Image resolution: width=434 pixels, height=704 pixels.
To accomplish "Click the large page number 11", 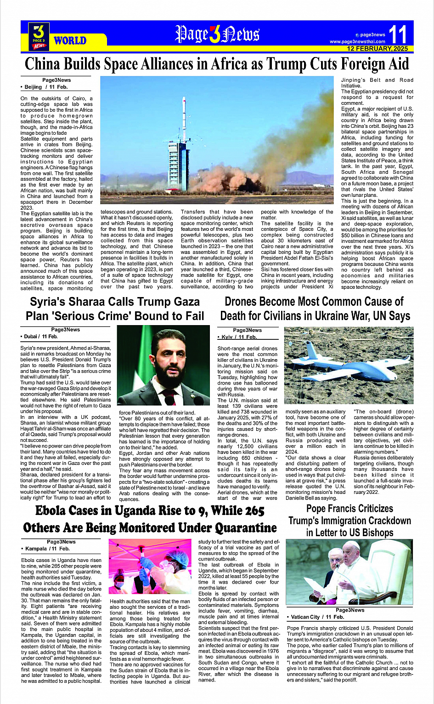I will tap(397, 34).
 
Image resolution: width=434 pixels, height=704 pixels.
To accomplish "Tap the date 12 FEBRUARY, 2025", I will tap(377, 48).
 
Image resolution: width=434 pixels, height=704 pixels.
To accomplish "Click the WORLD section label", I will tap(70, 40).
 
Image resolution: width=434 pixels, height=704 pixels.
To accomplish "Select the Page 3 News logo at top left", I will tap(39, 36).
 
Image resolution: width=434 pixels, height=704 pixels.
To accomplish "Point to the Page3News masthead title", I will tap(217, 34).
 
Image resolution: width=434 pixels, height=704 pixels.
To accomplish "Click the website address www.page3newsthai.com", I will tap(357, 41).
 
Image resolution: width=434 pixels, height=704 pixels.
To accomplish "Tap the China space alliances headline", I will tap(217, 63).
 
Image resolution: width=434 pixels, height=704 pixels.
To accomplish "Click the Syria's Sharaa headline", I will tap(115, 309).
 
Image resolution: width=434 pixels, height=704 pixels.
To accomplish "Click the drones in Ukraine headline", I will tap(315, 309).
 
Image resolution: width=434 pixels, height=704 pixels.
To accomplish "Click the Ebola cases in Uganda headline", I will tap(150, 519).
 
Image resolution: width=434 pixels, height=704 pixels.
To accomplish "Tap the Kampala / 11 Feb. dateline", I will tap(46, 549).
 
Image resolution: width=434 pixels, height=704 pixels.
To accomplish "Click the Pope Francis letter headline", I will tap(349, 521).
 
